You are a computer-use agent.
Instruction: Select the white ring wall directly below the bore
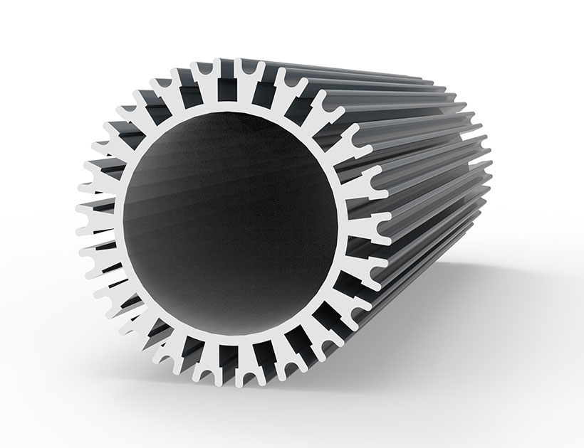[229, 338]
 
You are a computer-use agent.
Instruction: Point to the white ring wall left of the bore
[118, 224]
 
